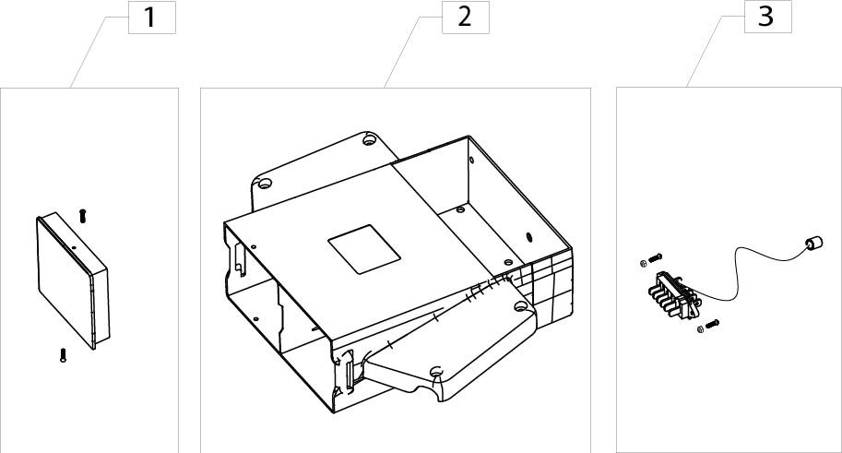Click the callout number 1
(x=150, y=18)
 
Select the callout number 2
(x=465, y=18)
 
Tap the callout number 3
(x=766, y=17)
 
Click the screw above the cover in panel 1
(x=83, y=216)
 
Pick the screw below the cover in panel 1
(x=64, y=355)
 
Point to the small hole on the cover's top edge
(x=74, y=246)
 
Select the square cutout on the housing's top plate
(x=364, y=249)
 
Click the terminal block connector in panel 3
(x=674, y=295)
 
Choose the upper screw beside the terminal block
(x=656, y=258)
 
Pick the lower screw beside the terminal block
(x=713, y=324)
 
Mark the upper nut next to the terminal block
(x=644, y=263)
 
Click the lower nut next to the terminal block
(x=701, y=328)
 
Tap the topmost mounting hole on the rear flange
(x=368, y=140)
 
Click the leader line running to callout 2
(x=412, y=52)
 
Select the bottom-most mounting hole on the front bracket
(x=436, y=371)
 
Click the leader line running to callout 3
(x=716, y=52)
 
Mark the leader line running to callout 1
(x=100, y=52)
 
